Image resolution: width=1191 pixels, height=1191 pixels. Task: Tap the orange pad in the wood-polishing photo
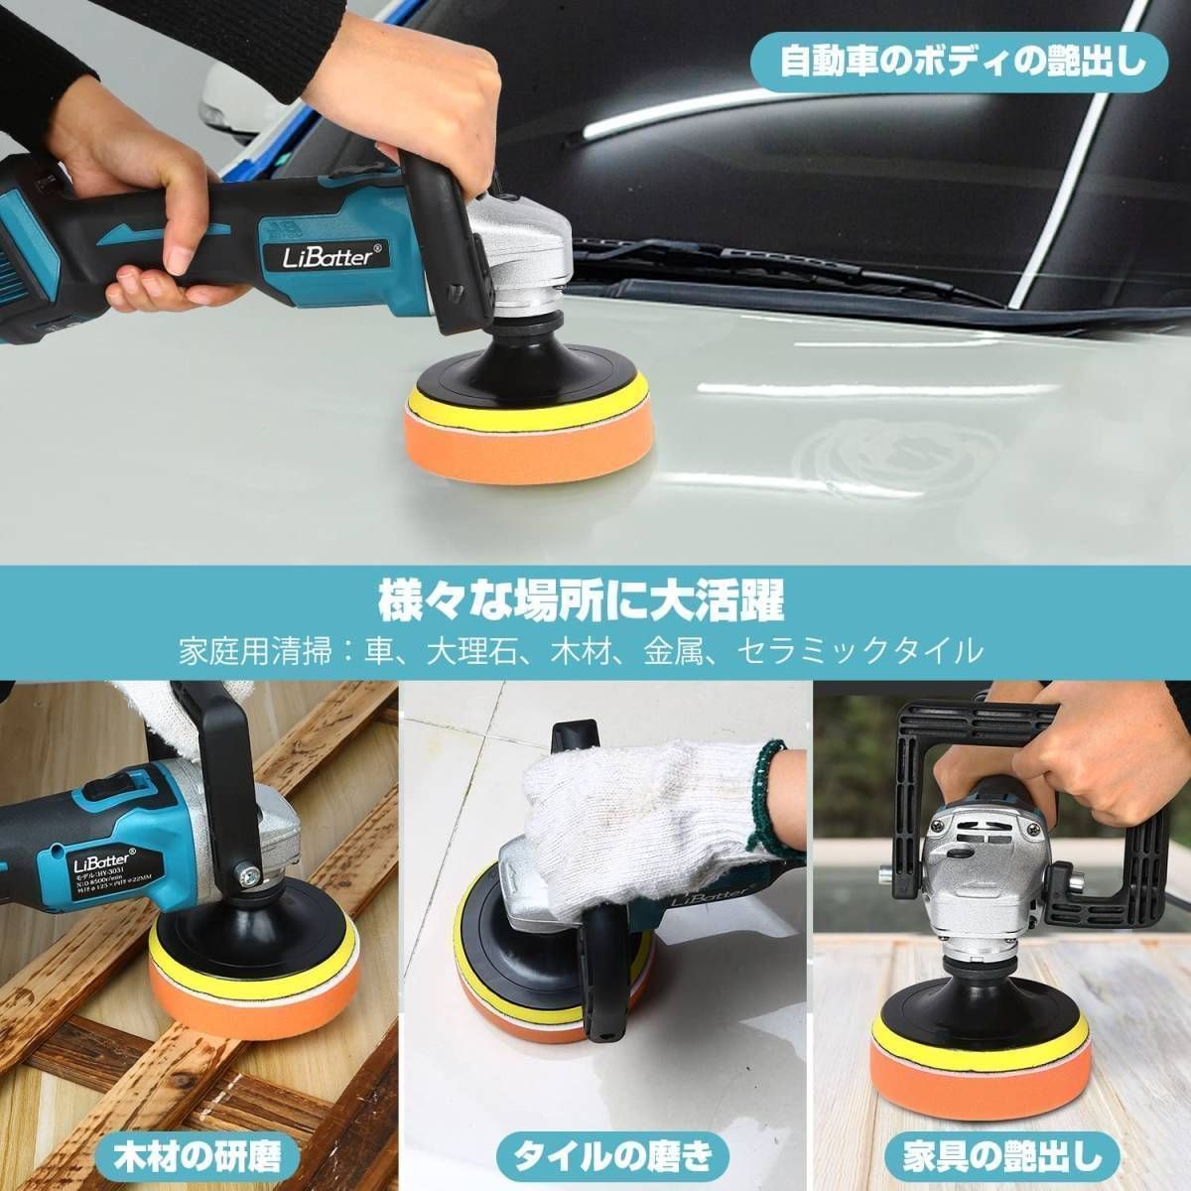[x=218, y=1012]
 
